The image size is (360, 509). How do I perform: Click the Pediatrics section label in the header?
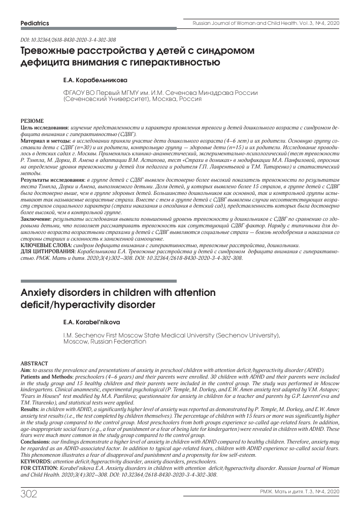point(35,23)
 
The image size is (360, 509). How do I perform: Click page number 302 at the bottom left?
point(30,493)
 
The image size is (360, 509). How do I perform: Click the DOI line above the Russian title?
point(68,40)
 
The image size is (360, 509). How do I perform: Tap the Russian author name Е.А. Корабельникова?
point(95,80)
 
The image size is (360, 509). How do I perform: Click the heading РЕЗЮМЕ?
point(31,121)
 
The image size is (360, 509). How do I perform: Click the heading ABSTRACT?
point(34,364)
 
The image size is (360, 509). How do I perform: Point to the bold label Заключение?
point(36,219)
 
